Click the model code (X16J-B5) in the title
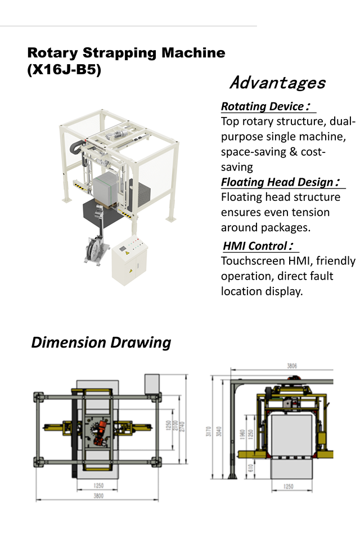point(64,70)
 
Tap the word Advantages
point(278,83)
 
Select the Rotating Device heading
point(265,106)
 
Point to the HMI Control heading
point(258,246)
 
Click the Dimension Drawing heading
point(101,343)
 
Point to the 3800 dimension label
point(98,496)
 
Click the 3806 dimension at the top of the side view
point(292,366)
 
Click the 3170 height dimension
point(209,431)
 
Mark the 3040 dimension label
point(219,431)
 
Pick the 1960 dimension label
point(242,434)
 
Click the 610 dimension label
point(251,467)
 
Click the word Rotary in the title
point(53,53)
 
